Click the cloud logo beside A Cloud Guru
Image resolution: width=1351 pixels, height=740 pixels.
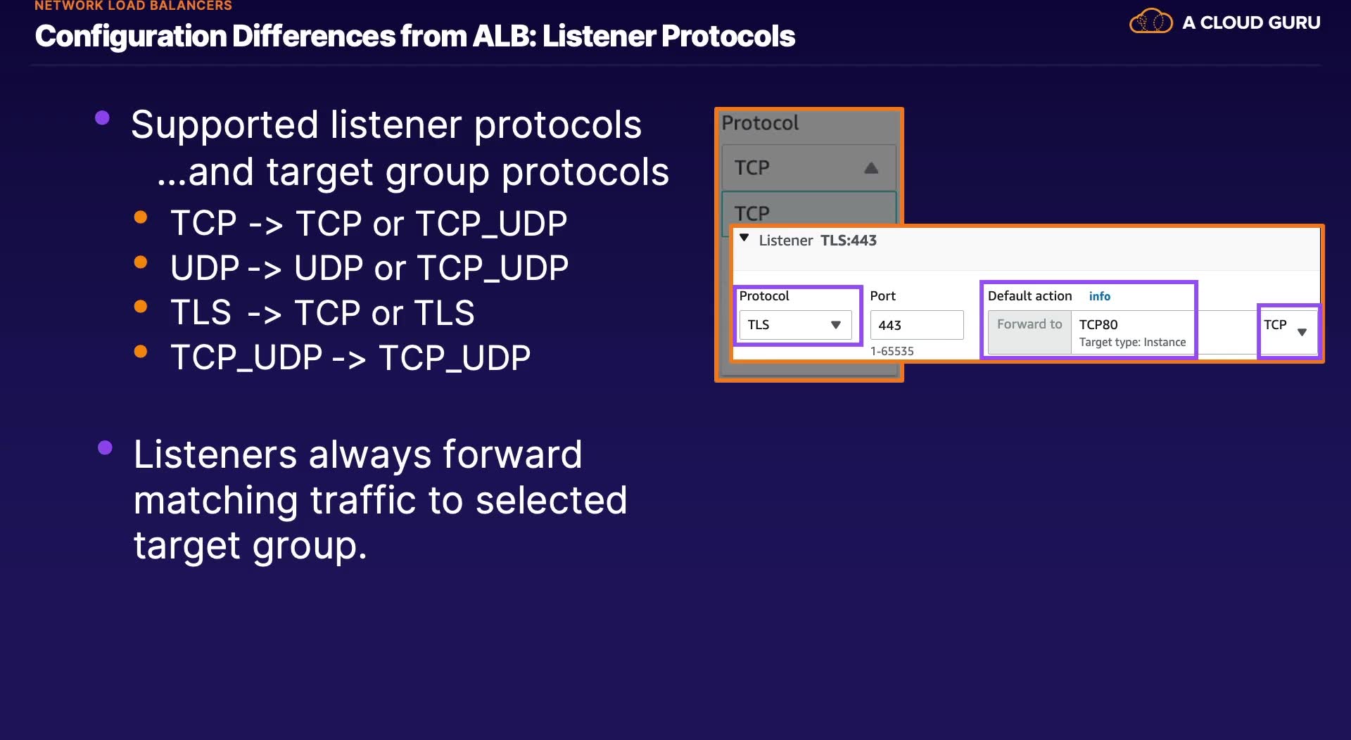click(x=1150, y=21)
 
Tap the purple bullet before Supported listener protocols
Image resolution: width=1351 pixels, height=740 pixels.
click(x=102, y=117)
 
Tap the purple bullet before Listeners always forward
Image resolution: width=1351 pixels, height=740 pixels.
click(x=105, y=447)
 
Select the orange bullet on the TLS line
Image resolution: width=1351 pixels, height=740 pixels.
click(x=141, y=307)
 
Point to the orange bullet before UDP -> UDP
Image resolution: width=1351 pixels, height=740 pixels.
click(x=141, y=262)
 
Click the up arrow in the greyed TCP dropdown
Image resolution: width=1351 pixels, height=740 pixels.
click(x=871, y=167)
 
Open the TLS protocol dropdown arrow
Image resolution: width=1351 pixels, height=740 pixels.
click(x=836, y=325)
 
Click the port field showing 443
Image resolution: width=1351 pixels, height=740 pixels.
click(x=917, y=325)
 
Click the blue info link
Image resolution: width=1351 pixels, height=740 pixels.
click(x=1100, y=296)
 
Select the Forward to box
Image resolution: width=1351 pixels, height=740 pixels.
click(x=1029, y=332)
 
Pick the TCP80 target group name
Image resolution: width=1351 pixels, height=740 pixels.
click(x=1098, y=324)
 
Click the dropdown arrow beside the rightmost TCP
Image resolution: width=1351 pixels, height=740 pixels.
click(x=1302, y=332)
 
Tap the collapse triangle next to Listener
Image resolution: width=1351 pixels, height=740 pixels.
click(x=744, y=238)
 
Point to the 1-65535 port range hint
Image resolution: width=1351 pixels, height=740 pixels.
click(x=892, y=351)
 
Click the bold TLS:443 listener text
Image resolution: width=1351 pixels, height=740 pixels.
click(x=849, y=241)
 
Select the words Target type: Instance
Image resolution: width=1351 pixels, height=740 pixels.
click(x=1132, y=343)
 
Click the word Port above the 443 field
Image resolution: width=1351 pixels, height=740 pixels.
click(x=883, y=296)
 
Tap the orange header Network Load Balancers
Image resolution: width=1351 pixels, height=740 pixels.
click(x=133, y=6)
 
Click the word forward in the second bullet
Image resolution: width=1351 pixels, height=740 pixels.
click(x=512, y=454)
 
